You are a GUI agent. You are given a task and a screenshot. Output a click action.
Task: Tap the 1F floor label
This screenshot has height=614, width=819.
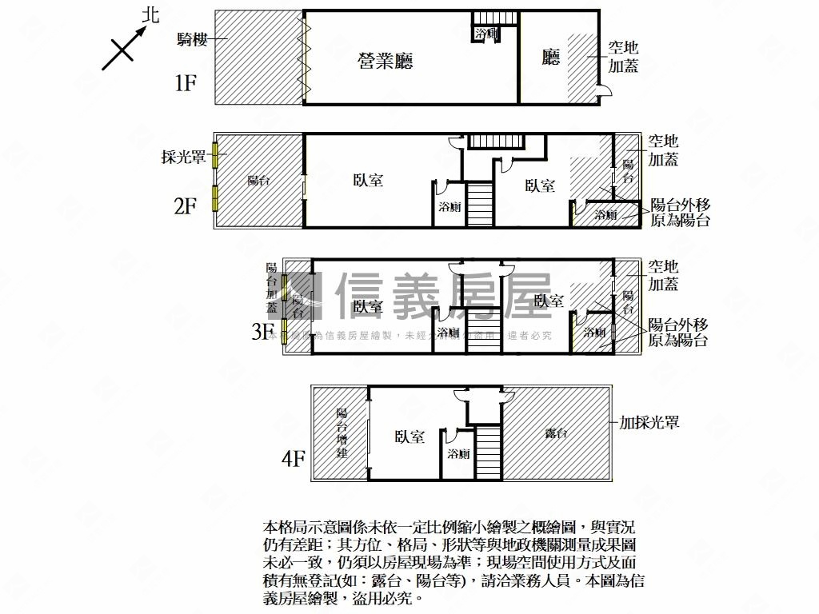click(186, 82)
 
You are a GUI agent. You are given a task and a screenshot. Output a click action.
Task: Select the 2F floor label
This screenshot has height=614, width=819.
click(186, 206)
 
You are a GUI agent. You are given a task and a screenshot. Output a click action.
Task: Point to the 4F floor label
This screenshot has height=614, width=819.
click(294, 459)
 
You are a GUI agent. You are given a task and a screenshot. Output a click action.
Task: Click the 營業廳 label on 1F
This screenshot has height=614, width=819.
click(386, 61)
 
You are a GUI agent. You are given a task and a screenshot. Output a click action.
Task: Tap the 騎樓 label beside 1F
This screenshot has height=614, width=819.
click(194, 38)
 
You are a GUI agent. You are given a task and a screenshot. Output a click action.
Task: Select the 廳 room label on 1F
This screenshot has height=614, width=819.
click(551, 58)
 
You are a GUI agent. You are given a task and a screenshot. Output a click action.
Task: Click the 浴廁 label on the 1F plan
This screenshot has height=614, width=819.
click(486, 34)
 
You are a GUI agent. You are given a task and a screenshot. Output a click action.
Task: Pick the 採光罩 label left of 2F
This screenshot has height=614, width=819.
click(183, 157)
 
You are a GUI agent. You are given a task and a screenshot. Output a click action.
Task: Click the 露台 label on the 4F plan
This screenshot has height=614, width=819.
click(557, 433)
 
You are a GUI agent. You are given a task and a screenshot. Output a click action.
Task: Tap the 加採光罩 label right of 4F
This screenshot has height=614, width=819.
click(649, 422)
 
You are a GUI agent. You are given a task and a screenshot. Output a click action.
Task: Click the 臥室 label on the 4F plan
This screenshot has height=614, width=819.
click(409, 437)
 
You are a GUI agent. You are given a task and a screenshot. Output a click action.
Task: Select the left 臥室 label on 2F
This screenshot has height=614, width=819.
click(368, 181)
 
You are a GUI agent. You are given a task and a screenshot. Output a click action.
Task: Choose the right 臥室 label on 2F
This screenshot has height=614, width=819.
click(541, 185)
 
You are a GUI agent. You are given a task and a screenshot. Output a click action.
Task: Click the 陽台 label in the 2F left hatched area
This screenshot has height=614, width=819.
click(258, 181)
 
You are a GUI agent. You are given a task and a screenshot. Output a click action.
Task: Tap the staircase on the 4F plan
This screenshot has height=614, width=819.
click(488, 452)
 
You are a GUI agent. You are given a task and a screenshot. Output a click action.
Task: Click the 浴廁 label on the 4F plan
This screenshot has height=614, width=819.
click(459, 454)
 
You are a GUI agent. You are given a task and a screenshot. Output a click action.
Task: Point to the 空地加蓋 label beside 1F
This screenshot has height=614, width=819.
click(623, 58)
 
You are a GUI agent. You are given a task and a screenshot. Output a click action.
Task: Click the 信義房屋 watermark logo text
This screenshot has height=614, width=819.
click(444, 296)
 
